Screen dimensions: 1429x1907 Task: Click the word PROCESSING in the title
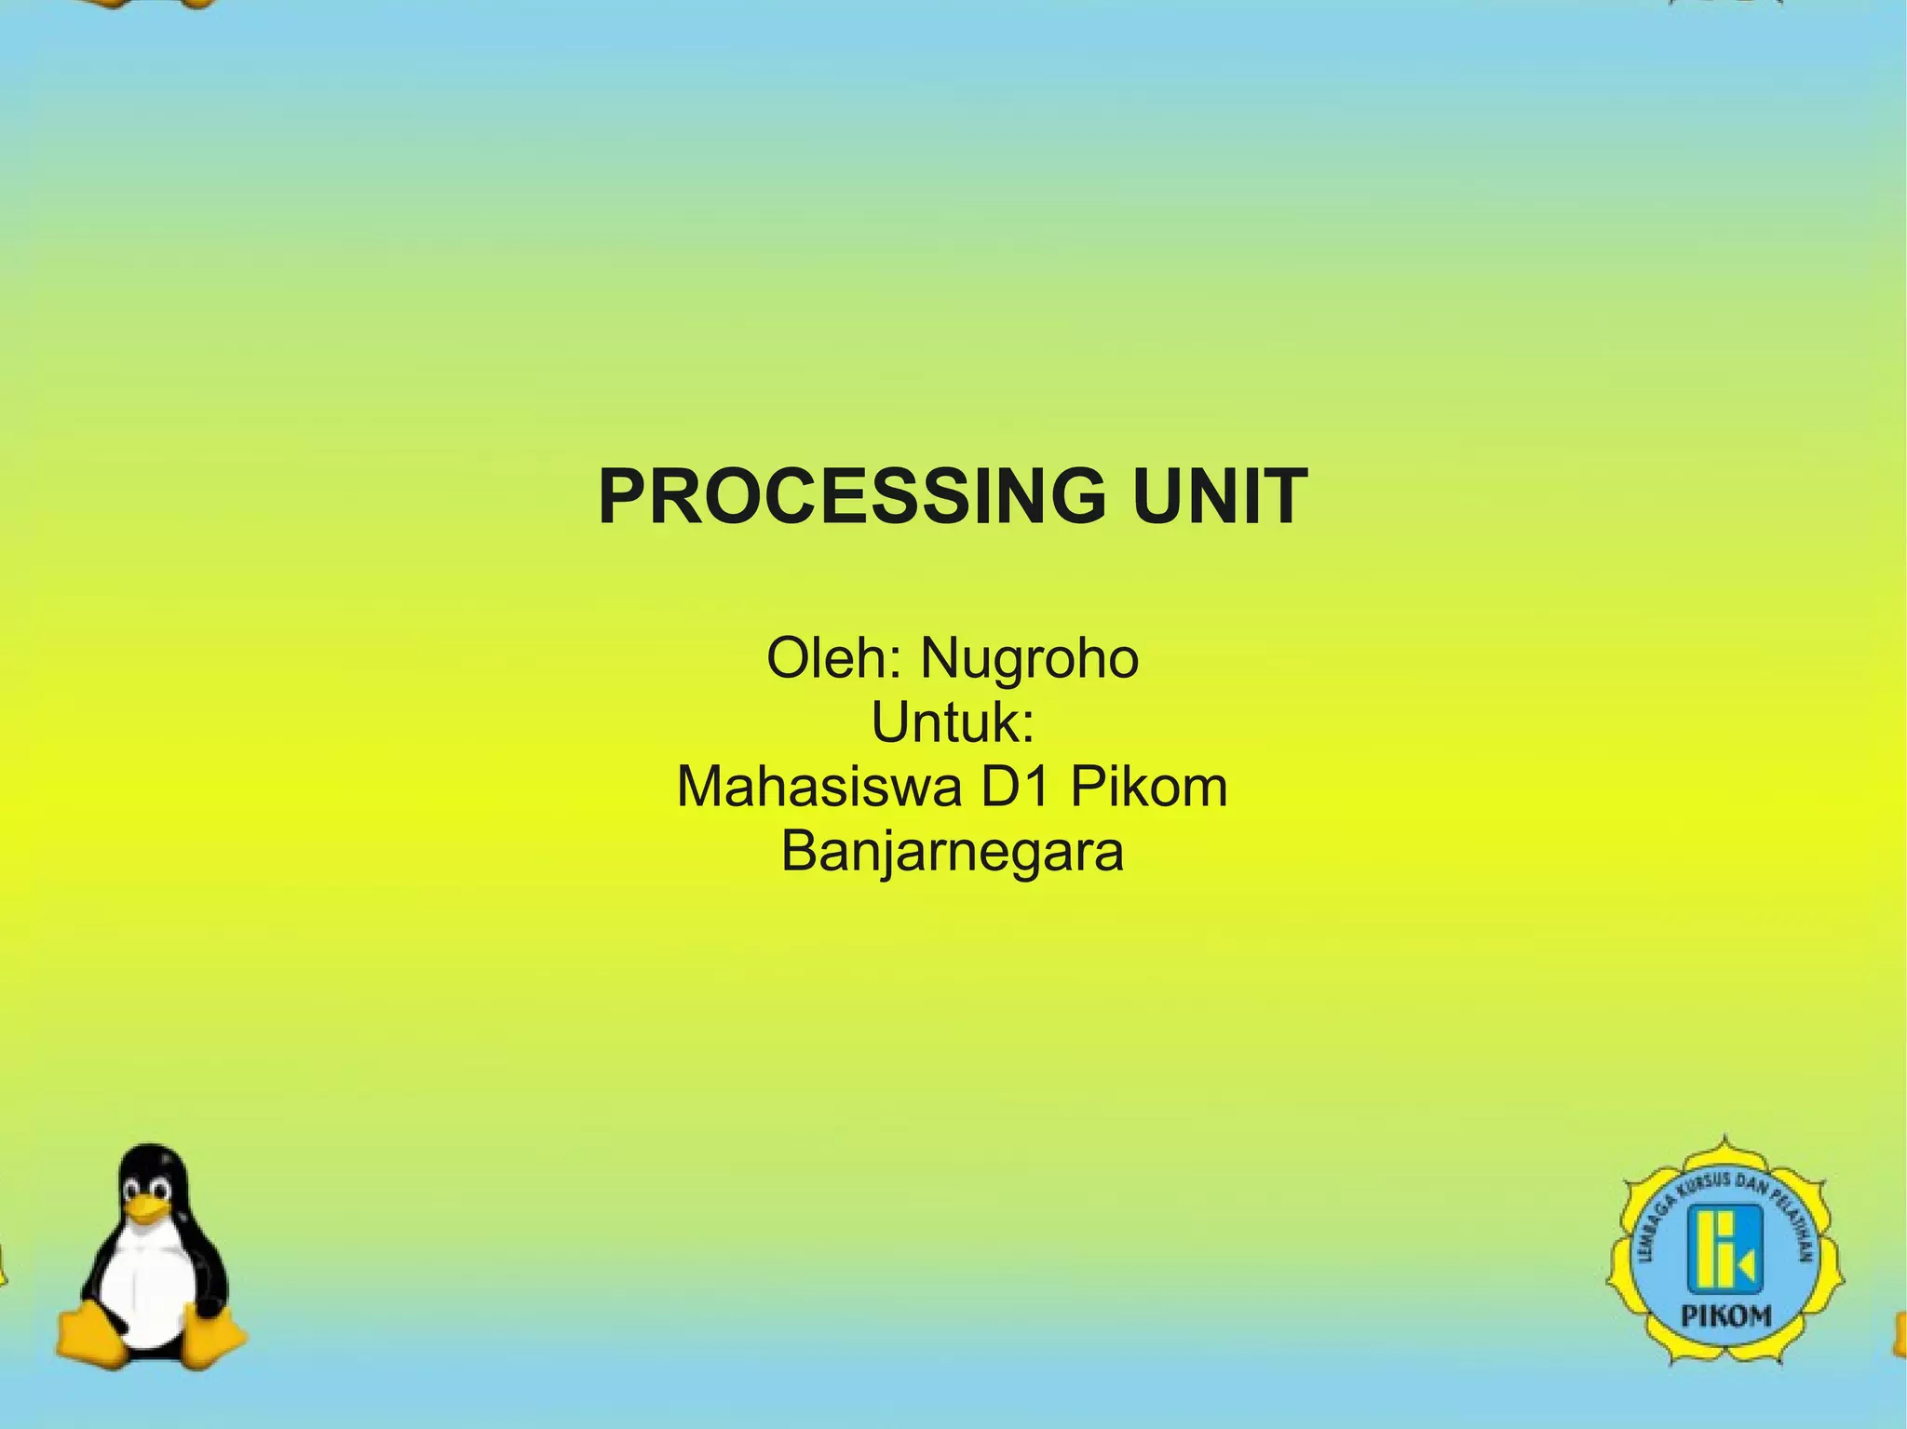(851, 497)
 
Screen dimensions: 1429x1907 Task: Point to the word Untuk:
(953, 723)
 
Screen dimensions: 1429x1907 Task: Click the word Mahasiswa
(819, 788)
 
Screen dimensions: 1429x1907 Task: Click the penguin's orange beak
(149, 1209)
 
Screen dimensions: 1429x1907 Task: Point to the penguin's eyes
(148, 1189)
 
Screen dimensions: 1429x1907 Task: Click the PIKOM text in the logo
(1725, 1316)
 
